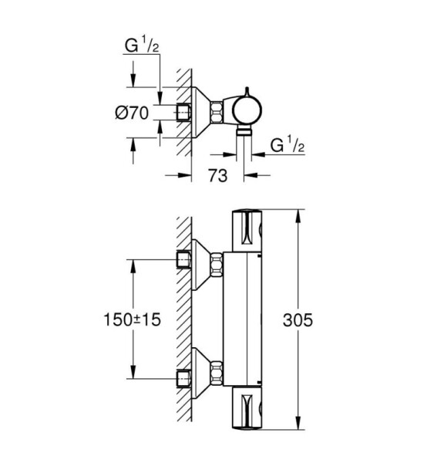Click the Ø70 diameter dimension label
click(x=132, y=113)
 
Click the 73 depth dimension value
click(x=218, y=175)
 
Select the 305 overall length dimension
click(x=298, y=319)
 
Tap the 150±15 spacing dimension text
click(x=133, y=319)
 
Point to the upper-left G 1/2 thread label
click(x=142, y=45)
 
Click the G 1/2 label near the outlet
click(x=287, y=145)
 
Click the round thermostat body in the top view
click(x=247, y=110)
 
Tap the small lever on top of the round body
click(x=247, y=92)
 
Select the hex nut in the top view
click(x=216, y=112)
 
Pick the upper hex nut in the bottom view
click(x=217, y=264)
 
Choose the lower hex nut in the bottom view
click(x=217, y=373)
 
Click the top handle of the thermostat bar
click(x=247, y=230)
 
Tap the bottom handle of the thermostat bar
click(x=247, y=408)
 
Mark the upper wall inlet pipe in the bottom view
click(x=183, y=259)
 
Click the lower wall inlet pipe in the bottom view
click(x=183, y=379)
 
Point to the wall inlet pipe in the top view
click(x=183, y=113)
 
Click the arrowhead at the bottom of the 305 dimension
click(x=298, y=422)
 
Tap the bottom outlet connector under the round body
click(x=244, y=130)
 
